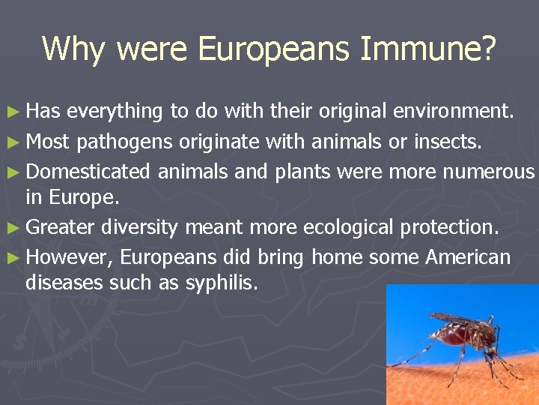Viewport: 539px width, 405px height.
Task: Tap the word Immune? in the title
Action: (427, 49)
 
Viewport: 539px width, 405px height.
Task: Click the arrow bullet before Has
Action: (16, 112)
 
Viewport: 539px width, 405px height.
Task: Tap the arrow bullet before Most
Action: (16, 141)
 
